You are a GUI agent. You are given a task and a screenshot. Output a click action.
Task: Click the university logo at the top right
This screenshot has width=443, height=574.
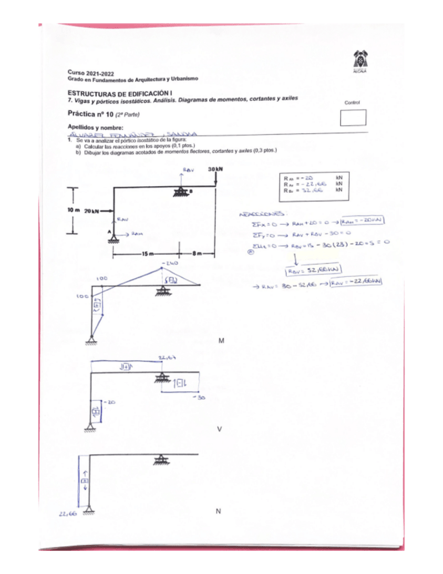click(x=360, y=60)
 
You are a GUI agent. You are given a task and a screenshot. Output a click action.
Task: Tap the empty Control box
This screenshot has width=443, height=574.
click(x=354, y=118)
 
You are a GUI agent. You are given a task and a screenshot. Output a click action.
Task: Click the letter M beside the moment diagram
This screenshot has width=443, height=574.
click(x=221, y=341)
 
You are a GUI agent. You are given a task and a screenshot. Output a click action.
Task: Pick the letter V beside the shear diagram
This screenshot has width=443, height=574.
click(x=219, y=428)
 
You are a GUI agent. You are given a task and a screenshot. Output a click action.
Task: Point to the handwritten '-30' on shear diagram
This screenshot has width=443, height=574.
click(x=200, y=398)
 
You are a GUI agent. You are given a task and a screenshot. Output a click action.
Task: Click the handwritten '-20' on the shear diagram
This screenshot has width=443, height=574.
click(x=111, y=401)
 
